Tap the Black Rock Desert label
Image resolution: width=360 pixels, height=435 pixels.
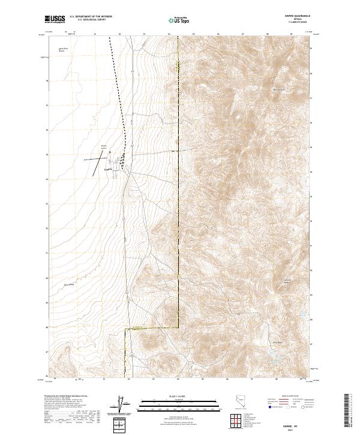(x=61, y=49)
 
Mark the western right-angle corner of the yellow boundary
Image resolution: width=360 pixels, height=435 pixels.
(x=125, y=329)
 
